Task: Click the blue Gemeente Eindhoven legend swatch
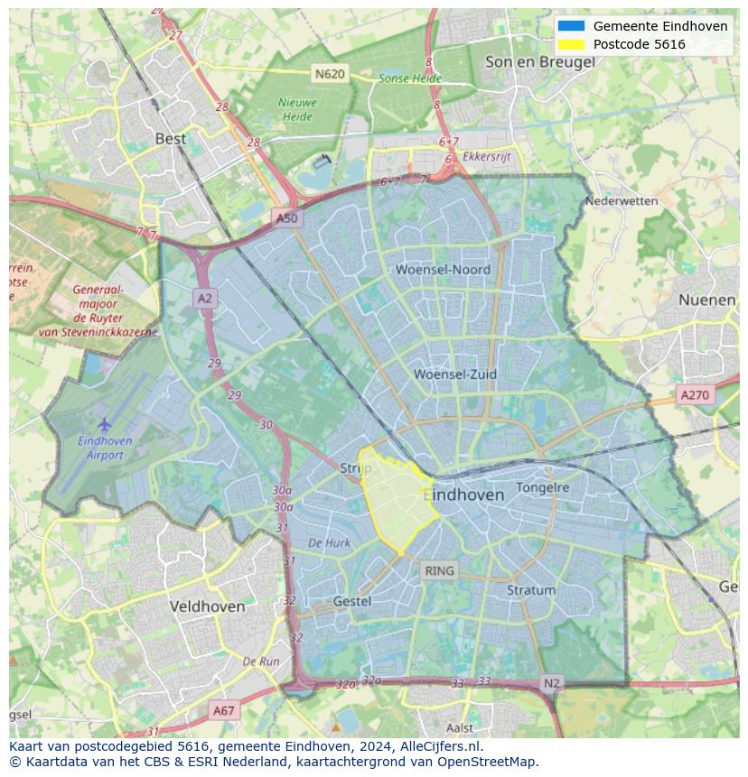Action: [572, 26]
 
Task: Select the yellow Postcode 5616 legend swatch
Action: [572, 44]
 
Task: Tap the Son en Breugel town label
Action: [539, 61]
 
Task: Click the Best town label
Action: [171, 138]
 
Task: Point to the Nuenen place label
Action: [706, 300]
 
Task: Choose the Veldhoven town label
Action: [207, 606]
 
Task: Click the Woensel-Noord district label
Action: [443, 269]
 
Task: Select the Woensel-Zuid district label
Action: [455, 374]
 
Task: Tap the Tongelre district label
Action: [542, 487]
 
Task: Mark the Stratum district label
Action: [531, 590]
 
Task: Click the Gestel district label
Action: [351, 601]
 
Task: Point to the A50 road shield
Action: [286, 218]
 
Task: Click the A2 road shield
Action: [205, 299]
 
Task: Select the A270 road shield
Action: [695, 394]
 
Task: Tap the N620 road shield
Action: [330, 73]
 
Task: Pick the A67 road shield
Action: [223, 710]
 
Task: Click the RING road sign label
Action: [439, 570]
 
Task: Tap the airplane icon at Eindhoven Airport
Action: [105, 423]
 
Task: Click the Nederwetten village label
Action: [622, 200]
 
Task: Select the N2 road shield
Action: [551, 683]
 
